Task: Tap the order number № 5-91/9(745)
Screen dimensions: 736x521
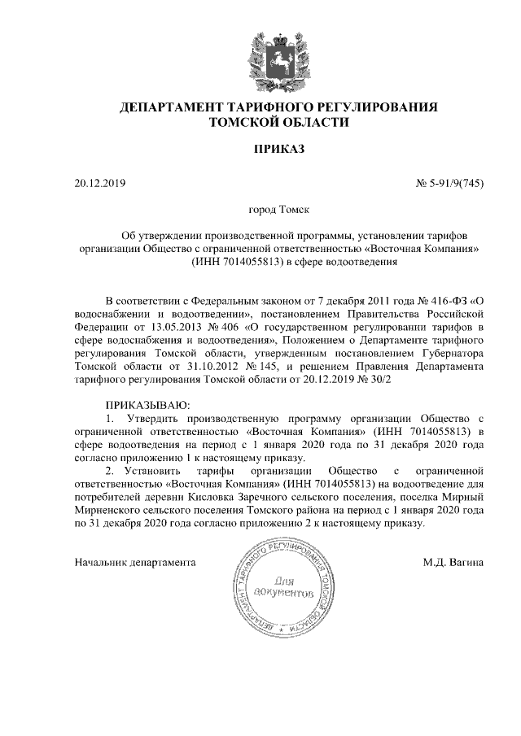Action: tap(450, 184)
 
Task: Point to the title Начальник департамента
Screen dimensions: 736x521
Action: tap(136, 562)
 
